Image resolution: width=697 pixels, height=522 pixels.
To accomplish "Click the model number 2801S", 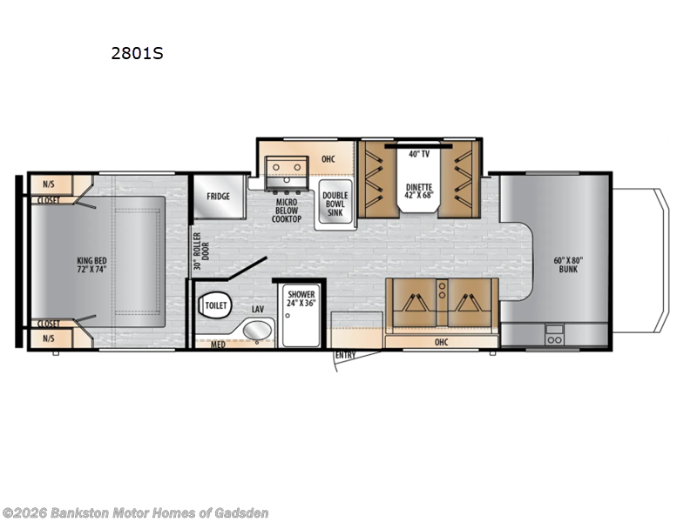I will (x=137, y=53).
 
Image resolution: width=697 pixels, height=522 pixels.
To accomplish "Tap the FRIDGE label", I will (x=219, y=196).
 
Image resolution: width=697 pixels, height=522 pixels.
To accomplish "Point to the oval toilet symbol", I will (x=215, y=305).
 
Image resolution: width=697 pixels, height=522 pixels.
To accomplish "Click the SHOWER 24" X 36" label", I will (x=301, y=299).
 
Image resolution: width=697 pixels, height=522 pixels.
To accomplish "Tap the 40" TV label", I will (x=419, y=154).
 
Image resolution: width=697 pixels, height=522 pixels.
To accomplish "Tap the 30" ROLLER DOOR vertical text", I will (x=198, y=251).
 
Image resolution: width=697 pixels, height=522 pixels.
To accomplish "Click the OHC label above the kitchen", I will (x=328, y=158).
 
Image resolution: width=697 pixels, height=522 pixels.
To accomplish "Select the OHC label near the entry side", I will (x=442, y=342).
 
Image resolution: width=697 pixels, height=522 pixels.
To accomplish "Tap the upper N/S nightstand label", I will (x=48, y=184).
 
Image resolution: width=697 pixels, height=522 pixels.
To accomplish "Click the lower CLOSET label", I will (x=48, y=323).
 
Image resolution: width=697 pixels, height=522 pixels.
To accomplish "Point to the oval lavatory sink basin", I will (x=255, y=330).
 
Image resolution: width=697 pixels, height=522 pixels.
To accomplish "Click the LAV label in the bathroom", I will (x=258, y=308).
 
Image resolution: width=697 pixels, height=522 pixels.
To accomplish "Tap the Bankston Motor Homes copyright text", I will (x=135, y=512).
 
